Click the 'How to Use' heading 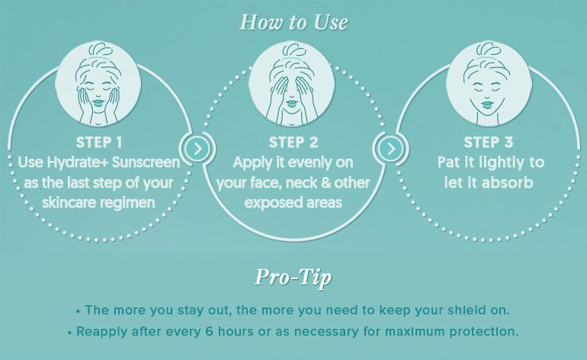293,22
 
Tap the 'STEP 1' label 99,143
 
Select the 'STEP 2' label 293,143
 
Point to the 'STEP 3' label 488,143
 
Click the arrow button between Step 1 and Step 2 197,149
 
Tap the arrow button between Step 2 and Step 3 391,149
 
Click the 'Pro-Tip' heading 293,278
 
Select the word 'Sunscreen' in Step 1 146,162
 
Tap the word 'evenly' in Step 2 310,163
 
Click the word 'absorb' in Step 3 508,183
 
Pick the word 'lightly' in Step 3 502,163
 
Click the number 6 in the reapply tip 210,331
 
